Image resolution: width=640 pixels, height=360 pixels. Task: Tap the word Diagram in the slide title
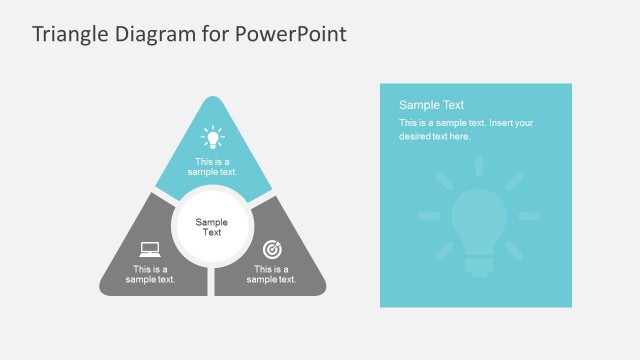click(156, 35)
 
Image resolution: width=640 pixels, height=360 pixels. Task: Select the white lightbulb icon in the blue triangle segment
click(212, 136)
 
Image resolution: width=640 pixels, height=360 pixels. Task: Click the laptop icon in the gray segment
click(150, 249)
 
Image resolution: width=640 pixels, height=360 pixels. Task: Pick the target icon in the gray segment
click(271, 249)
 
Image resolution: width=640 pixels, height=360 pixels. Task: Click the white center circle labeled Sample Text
click(211, 227)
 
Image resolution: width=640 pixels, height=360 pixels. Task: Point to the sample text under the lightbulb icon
click(212, 166)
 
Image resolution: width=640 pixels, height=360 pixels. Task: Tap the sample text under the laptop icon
click(150, 274)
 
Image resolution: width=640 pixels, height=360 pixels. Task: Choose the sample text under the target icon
click(271, 274)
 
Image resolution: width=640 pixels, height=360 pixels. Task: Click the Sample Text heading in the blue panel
click(431, 105)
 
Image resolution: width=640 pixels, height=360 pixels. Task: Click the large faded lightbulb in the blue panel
click(478, 223)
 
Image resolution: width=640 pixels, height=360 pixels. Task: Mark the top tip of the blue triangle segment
click(212, 99)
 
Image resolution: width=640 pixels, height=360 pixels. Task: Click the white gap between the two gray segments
click(211, 282)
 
